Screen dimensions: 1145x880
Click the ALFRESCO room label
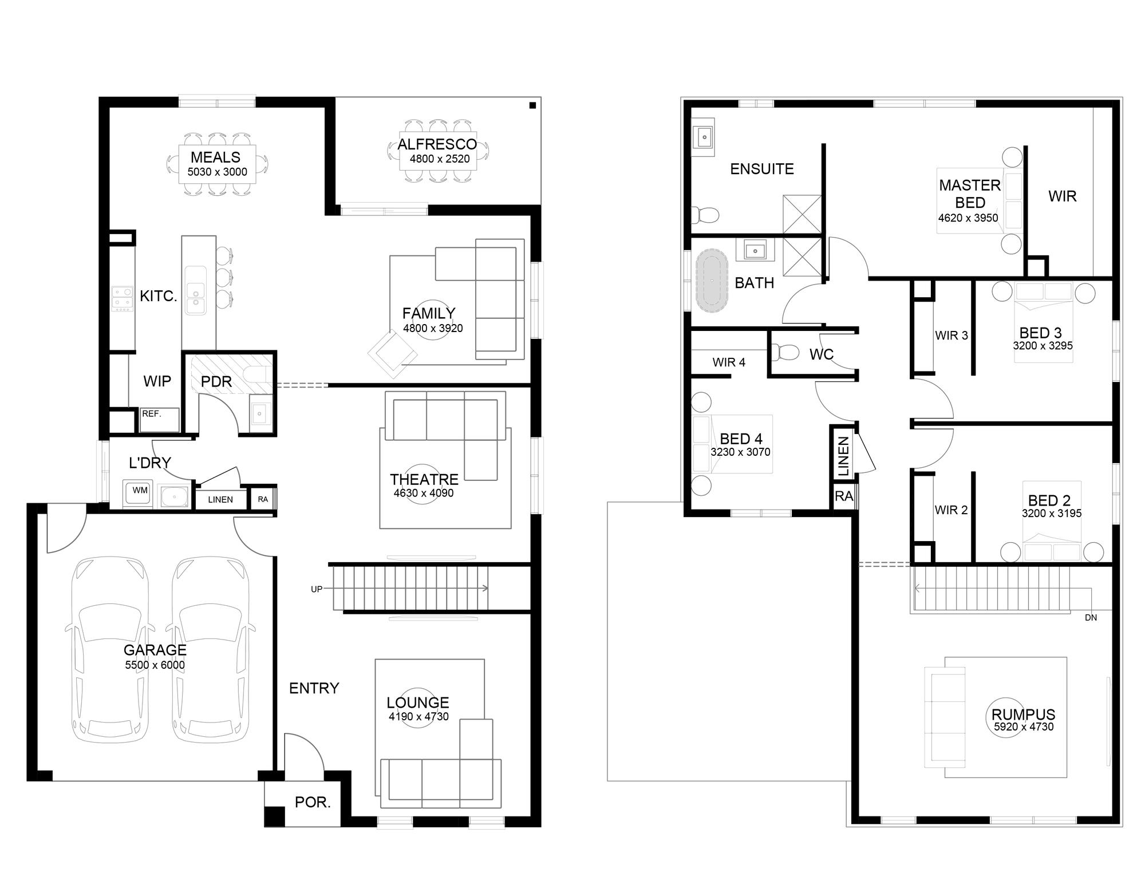[437, 144]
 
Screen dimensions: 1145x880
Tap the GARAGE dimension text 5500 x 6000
[155, 665]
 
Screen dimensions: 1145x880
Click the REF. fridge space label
[151, 413]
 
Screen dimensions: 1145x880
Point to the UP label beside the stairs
[317, 589]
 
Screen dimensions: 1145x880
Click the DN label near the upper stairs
[1091, 618]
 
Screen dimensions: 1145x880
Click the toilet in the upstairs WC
[785, 352]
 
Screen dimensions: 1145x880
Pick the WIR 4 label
[729, 362]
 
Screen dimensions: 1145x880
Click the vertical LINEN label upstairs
[843, 456]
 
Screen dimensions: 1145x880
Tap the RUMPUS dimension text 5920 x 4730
[1024, 727]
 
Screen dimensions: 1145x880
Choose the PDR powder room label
[216, 381]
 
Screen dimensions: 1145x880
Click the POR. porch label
[313, 802]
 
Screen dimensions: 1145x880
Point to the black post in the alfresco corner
[532, 105]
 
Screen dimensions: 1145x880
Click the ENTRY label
[314, 688]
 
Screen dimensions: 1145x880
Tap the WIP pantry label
[157, 381]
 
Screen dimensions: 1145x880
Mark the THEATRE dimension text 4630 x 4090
[424, 493]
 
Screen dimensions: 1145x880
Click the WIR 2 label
[951, 510]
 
